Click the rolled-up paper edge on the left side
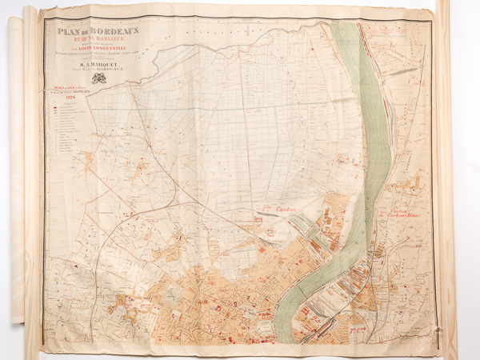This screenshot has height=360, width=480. [x=18, y=176]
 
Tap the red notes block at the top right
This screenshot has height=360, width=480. [x=397, y=40]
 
